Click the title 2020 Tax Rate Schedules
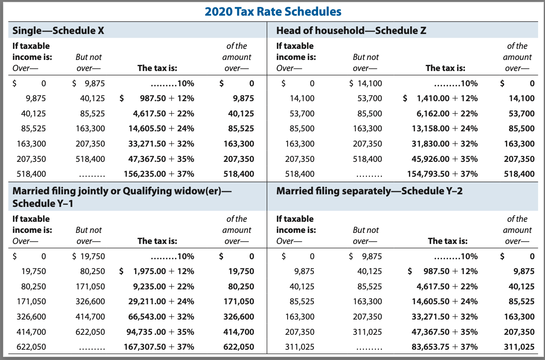273,11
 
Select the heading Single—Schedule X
58,31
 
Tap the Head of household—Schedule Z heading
351,31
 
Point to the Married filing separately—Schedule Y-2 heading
369,191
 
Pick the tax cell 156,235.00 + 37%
159,174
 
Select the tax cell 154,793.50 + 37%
442,174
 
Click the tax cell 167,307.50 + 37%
159,347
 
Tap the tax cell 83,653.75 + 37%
445,347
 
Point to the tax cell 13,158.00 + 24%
445,129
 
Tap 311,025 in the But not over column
367,332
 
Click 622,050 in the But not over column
90,332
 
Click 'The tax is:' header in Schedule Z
445,68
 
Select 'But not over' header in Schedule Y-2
365,235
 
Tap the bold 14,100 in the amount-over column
521,98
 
